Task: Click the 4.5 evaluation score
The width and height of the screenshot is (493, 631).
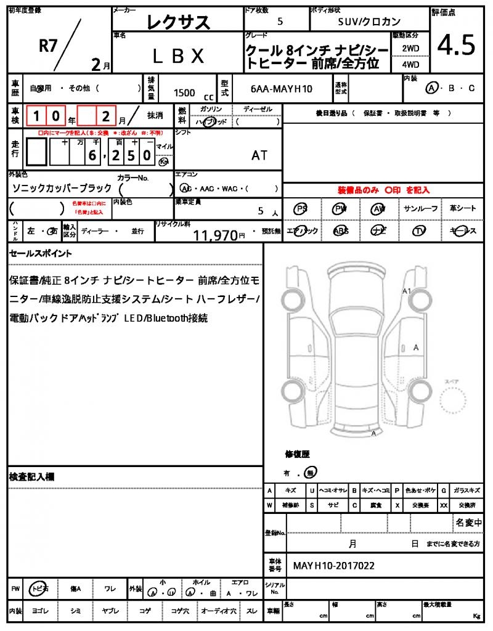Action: point(456,44)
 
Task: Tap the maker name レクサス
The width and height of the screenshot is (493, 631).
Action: point(178,22)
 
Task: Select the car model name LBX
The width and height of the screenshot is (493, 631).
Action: point(178,56)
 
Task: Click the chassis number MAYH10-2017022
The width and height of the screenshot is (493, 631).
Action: point(333,566)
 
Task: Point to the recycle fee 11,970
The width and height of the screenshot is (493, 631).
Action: point(215,234)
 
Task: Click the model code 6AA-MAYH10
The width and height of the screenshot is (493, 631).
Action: point(282,89)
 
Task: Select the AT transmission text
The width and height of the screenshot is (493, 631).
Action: point(259,155)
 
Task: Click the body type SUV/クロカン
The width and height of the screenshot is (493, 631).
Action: point(370,21)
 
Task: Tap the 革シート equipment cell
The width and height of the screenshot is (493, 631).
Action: point(463,208)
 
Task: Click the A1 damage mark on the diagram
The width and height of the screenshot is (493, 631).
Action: point(406,290)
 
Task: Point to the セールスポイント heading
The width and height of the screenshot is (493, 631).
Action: point(41,253)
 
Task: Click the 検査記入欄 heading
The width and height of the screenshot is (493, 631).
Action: point(32,476)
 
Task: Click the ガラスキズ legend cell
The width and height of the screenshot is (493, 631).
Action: point(467,491)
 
